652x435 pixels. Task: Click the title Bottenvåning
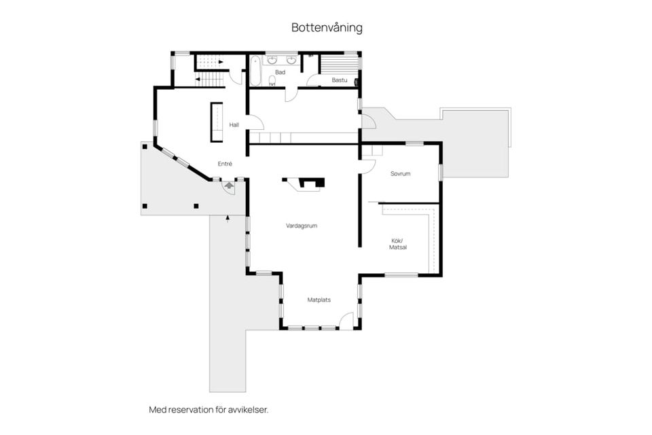327,27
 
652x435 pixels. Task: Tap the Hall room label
234,124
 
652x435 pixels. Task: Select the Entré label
225,164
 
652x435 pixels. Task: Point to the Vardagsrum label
302,226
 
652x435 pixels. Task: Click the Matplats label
319,300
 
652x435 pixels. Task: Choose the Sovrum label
401,173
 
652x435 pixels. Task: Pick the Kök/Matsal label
398,244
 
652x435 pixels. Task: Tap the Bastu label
340,80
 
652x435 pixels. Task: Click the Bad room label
280,73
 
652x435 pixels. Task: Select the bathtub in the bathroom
255,71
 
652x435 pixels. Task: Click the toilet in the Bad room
272,81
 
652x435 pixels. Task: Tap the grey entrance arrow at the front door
229,186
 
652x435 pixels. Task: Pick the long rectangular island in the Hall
216,122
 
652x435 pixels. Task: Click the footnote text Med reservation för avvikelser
209,410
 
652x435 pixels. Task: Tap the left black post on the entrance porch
145,206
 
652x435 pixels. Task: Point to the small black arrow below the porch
228,219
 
